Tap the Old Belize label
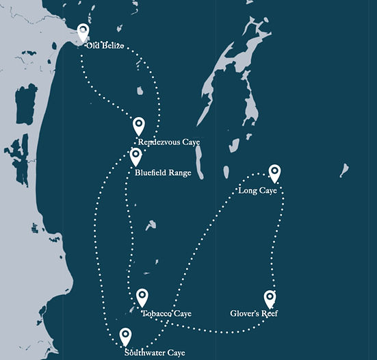[105, 46]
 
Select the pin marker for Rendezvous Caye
[139, 126]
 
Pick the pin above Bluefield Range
[136, 157]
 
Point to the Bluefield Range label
[163, 173]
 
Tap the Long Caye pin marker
[274, 173]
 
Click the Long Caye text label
[258, 190]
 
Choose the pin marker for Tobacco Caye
[142, 297]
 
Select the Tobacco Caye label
[166, 313]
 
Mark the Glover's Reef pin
[270, 298]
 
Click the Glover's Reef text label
[254, 313]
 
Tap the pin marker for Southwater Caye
[126, 337]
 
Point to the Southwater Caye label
[155, 353]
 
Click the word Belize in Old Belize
[113, 46]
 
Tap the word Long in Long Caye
[248, 190]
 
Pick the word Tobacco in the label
[157, 313]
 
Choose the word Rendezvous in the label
[159, 142]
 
